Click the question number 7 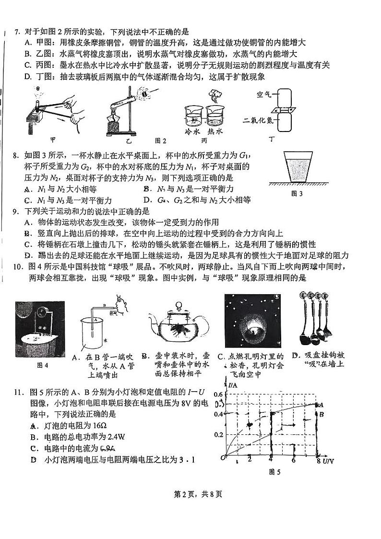point(16,32)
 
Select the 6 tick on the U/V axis point(293,461)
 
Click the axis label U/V point(328,462)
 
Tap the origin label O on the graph point(223,458)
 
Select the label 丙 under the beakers point(204,141)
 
